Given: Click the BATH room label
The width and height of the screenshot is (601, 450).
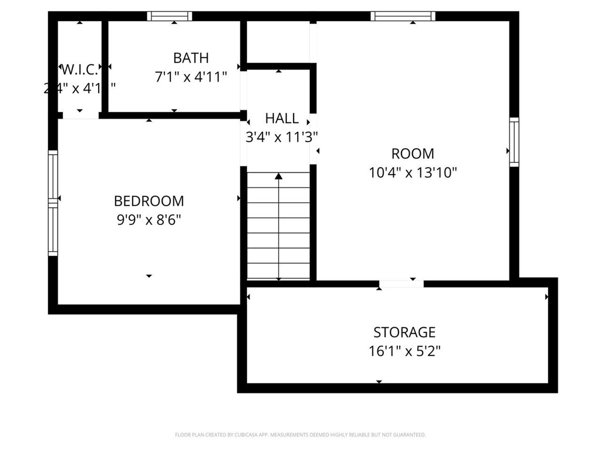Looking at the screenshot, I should (191, 58).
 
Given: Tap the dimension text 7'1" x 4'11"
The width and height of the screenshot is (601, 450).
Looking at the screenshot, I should (191, 77).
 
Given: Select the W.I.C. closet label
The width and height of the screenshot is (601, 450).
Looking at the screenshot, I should (79, 70).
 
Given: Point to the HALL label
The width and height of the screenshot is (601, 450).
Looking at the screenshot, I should (282, 118).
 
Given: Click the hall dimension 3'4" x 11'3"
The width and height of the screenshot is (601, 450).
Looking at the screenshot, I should (282, 137).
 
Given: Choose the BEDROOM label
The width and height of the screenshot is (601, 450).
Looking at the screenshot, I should (148, 201).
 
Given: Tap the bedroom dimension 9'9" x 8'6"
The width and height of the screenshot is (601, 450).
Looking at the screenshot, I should (148, 220).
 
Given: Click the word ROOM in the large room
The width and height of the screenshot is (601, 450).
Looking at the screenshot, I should (413, 154).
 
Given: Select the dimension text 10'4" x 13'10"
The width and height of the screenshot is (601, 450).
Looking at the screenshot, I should (413, 173).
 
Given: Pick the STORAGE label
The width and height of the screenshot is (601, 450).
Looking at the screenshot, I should (404, 332).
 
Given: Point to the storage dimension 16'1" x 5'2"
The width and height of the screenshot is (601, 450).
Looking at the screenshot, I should (404, 351).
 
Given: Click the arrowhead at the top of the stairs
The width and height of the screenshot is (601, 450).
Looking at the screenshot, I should (279, 175).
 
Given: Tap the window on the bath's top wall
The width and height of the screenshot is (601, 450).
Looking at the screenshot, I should (169, 16).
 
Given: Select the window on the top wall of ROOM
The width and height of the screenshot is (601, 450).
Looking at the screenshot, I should (403, 16).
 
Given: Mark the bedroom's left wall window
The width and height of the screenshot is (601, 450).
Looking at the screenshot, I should (53, 203).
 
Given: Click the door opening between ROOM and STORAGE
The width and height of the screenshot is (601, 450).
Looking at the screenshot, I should (401, 284).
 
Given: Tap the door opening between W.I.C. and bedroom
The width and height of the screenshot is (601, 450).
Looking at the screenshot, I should (80, 115).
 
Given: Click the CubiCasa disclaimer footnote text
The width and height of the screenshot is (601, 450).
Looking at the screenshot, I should (300, 435).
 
